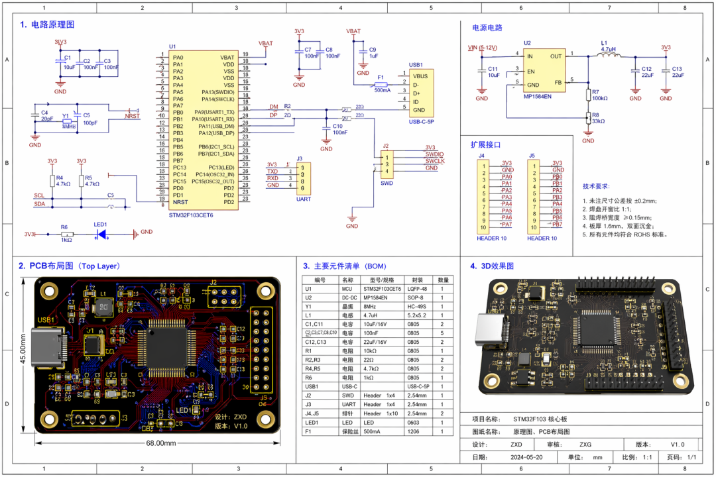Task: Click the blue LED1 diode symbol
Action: (102, 233)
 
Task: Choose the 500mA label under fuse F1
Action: (382, 90)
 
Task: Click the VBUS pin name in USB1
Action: (420, 76)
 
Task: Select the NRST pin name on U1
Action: (180, 202)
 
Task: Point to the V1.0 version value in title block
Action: (676, 445)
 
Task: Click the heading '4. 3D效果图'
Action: (499, 266)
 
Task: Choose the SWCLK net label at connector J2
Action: (434, 161)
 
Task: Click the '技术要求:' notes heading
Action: (596, 186)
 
